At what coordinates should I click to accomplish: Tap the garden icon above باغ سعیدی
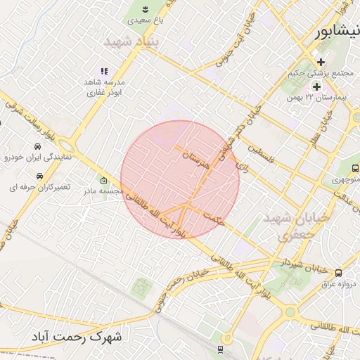click(144, 9)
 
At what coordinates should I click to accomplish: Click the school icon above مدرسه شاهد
click(104, 71)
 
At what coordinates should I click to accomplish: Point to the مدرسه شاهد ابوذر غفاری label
click(106, 86)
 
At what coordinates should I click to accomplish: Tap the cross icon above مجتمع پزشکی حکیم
click(321, 62)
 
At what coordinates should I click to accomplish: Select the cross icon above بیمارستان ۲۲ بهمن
click(316, 87)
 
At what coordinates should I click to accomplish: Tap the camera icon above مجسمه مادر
click(104, 179)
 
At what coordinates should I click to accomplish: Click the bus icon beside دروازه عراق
click(339, 273)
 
